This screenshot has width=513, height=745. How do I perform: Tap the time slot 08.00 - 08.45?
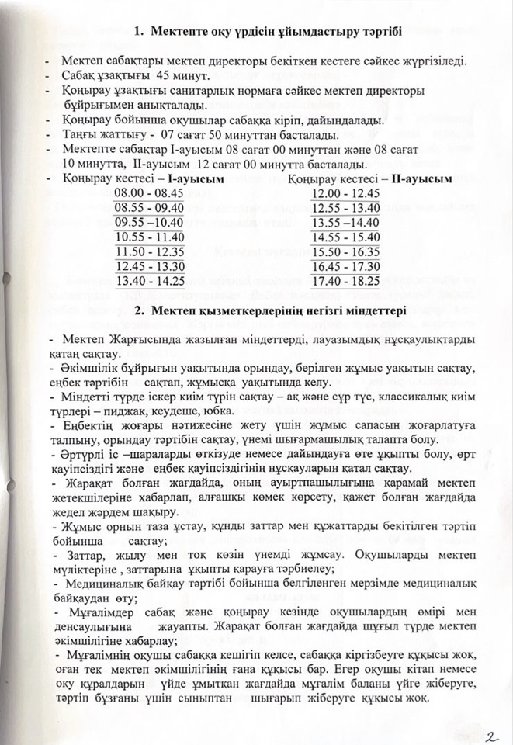[x=149, y=192]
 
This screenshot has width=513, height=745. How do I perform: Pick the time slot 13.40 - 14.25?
[x=149, y=281]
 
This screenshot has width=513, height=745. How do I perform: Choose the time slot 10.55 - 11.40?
[x=149, y=237]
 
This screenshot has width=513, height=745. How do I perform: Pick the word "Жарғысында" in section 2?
[x=131, y=340]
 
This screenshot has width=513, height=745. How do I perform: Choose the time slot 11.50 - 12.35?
[x=149, y=251]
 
